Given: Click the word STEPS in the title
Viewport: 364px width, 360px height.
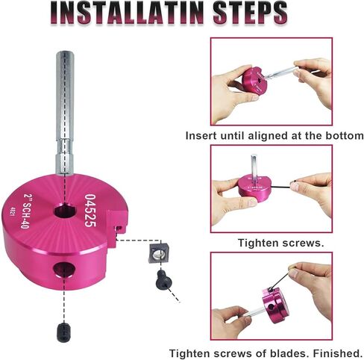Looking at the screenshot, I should (x=246, y=13).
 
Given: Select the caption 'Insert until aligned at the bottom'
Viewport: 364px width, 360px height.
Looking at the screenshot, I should (x=274, y=136).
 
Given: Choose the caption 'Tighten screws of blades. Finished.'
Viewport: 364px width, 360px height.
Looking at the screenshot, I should (x=266, y=352).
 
